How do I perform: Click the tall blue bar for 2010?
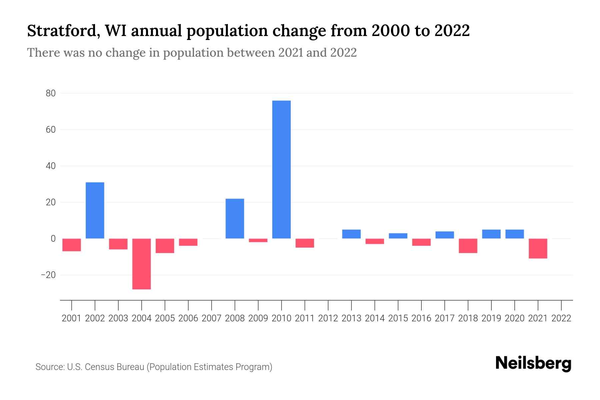281,169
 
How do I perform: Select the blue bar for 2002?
95,210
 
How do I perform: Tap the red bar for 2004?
142,264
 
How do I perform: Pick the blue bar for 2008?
235,218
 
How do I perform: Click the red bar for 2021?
538,248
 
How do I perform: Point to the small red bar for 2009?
258,240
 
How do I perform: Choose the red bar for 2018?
468,246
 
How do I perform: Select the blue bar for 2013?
351,234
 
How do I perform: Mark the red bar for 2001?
72,245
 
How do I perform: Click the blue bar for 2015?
398,236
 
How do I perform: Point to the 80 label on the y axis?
51,93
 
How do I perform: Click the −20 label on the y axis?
48,275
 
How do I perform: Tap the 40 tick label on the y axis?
51,166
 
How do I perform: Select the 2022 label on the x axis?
561,318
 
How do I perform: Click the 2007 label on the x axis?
211,318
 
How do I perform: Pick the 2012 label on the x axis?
328,318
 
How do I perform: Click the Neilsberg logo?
533,363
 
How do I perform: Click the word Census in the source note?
98,367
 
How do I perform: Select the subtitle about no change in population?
192,53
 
